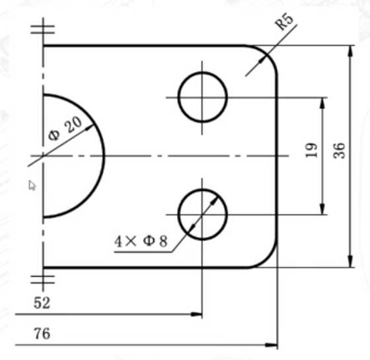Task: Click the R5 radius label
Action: [285, 20]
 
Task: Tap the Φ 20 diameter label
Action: [65, 129]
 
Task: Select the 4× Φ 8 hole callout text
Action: [141, 241]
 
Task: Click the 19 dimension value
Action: [311, 151]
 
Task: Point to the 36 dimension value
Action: [339, 151]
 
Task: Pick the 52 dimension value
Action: [42, 303]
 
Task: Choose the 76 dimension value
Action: [42, 334]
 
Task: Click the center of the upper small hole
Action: [202, 97]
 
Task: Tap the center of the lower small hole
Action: [202, 215]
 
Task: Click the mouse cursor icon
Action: [32, 185]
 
